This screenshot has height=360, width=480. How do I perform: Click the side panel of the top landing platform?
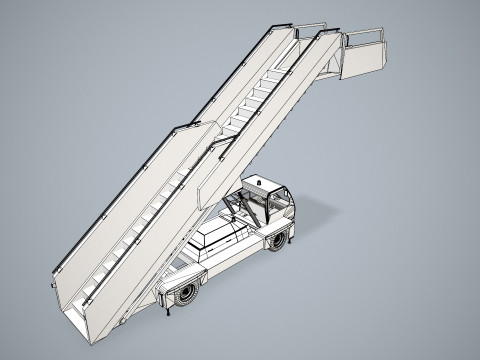click(366, 60)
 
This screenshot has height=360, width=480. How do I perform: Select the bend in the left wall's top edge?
click(180, 127)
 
